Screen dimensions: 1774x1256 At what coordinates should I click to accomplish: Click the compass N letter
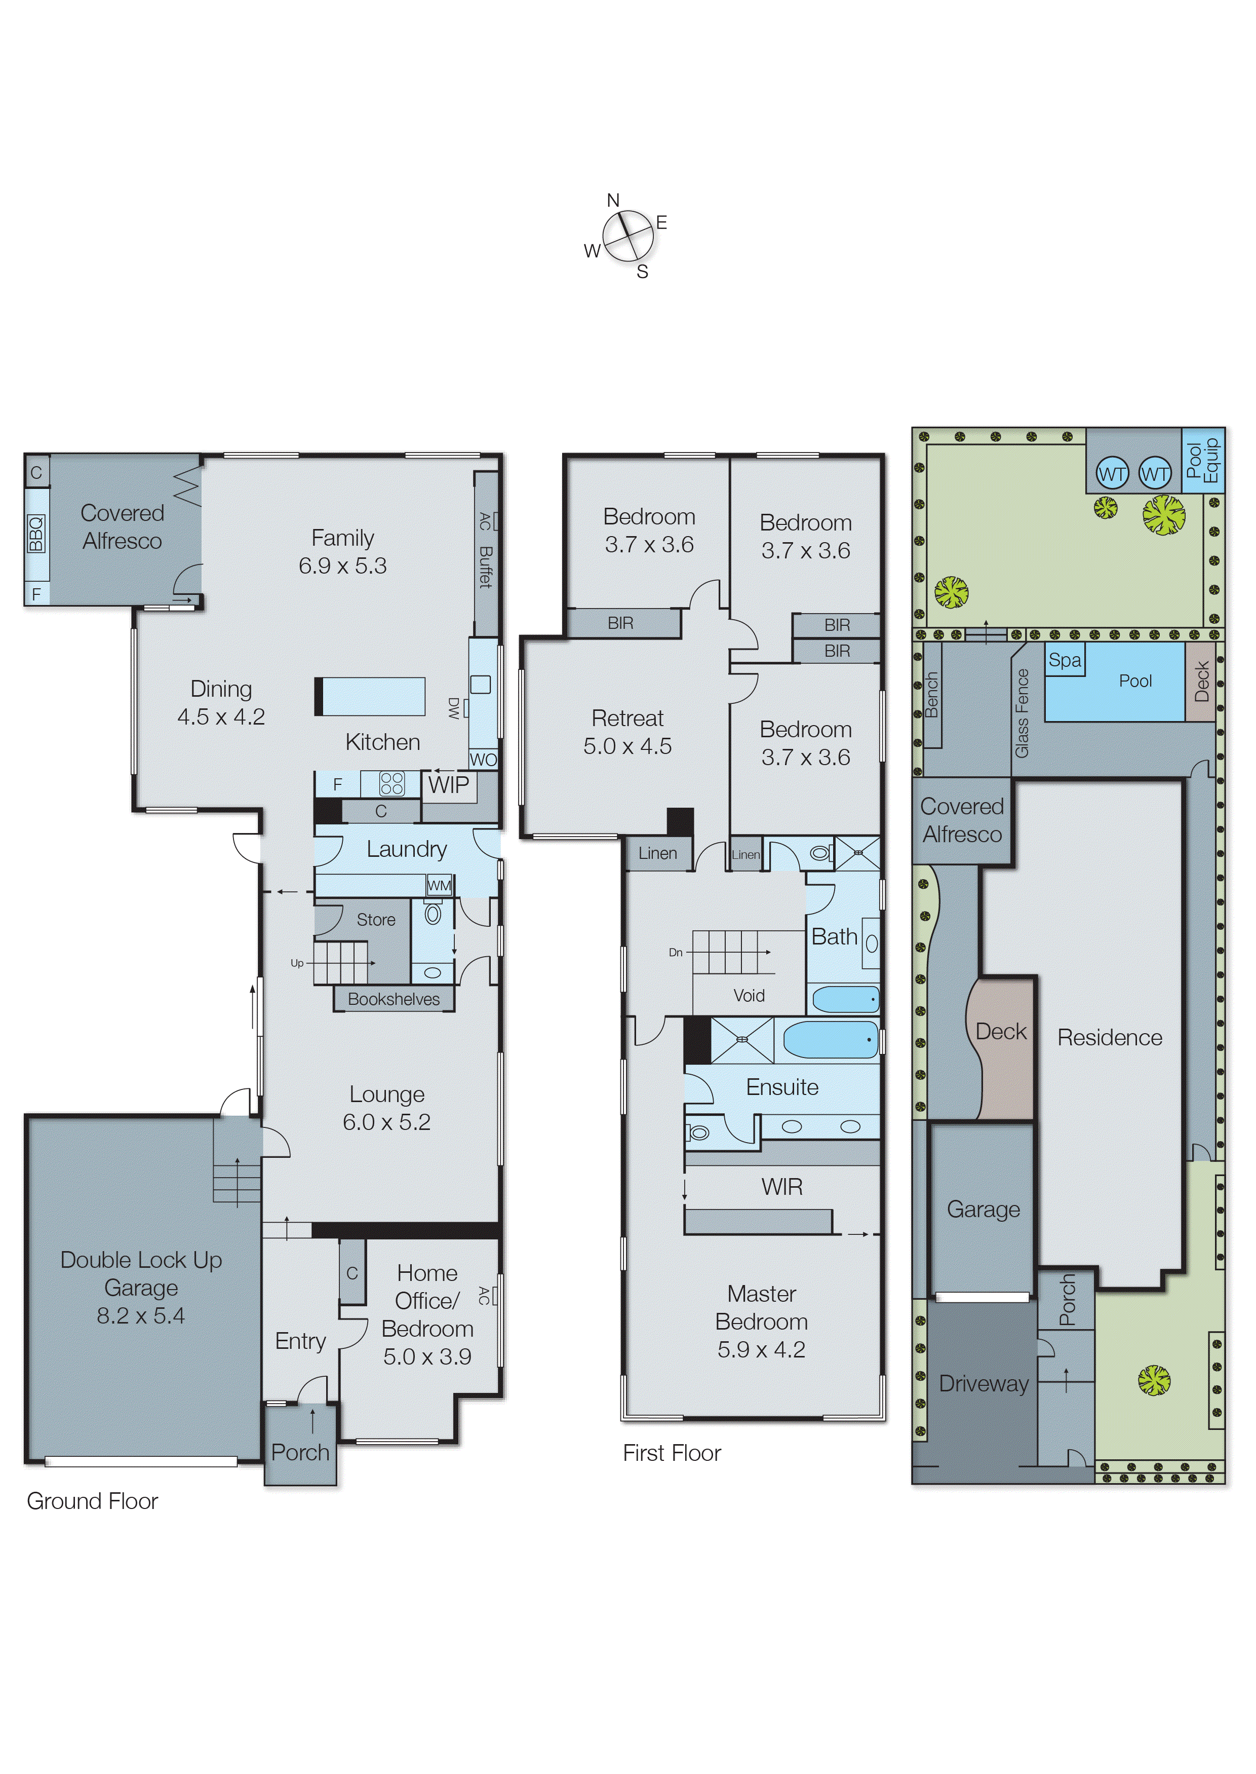point(612,200)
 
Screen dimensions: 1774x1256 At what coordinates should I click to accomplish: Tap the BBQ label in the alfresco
point(35,534)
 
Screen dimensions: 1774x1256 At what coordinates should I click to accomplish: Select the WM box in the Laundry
point(439,885)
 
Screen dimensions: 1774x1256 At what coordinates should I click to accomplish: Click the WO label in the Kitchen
point(483,759)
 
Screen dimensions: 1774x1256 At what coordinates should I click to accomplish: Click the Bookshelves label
point(393,999)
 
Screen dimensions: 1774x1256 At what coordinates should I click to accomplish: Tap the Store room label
point(376,919)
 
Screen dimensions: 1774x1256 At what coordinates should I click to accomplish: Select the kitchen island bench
point(371,696)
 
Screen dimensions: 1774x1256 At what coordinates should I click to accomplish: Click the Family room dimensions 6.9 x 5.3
point(343,565)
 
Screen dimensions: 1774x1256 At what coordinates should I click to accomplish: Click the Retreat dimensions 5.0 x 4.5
point(627,746)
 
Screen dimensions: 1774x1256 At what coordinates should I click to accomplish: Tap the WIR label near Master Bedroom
point(782,1187)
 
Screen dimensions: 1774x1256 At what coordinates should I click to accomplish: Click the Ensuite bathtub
point(831,1040)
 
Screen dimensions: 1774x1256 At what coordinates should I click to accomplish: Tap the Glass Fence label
point(1022,712)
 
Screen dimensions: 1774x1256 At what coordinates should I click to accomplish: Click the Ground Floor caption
point(92,1501)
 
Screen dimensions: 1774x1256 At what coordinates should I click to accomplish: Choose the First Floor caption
point(672,1453)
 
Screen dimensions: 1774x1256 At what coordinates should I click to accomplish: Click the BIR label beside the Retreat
point(620,623)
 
